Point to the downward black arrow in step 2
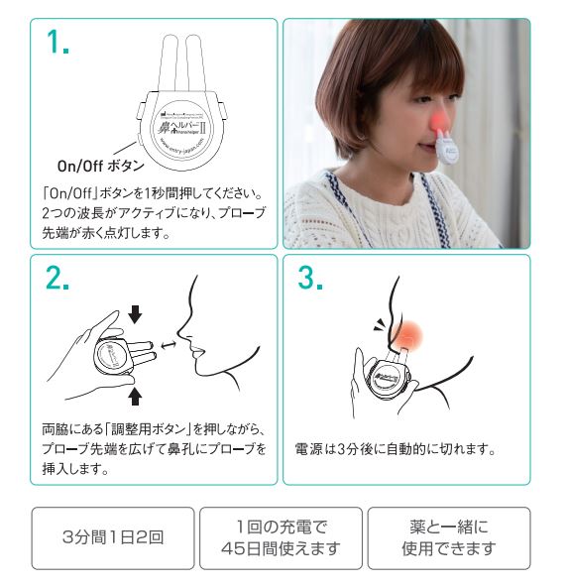point(136,314)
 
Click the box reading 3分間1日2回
point(112,538)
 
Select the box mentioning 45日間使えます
point(283,538)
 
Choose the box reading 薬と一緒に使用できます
point(449,538)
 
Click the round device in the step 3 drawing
point(381,378)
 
